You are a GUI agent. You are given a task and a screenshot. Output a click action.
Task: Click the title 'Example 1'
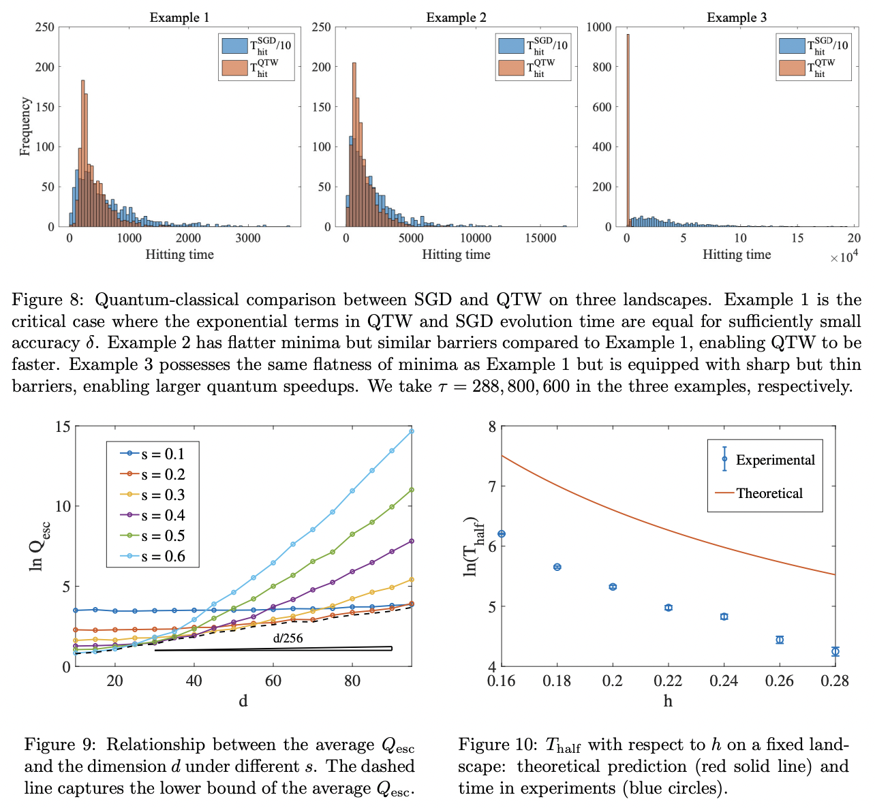(179, 18)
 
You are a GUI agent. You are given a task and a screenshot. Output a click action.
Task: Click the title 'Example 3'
(736, 18)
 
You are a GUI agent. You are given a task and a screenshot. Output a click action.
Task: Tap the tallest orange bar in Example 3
(628, 129)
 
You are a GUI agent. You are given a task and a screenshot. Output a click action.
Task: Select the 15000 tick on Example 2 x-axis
(540, 238)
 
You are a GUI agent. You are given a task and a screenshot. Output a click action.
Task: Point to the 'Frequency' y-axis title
(25, 127)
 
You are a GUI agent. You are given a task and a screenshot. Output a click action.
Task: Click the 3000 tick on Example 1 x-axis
(248, 238)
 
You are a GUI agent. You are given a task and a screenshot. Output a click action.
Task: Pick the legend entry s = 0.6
(163, 556)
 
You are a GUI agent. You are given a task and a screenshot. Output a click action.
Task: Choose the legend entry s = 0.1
(163, 454)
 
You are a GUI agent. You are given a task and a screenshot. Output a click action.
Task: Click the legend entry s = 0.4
(163, 516)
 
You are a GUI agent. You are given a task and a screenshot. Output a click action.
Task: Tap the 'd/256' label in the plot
(288, 638)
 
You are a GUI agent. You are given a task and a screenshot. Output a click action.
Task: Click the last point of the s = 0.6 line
(411, 431)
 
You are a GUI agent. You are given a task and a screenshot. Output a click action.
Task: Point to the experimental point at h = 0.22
(669, 607)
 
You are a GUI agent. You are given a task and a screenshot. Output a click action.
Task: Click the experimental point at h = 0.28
(835, 651)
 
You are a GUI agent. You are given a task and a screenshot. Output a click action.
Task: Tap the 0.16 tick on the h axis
(502, 681)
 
